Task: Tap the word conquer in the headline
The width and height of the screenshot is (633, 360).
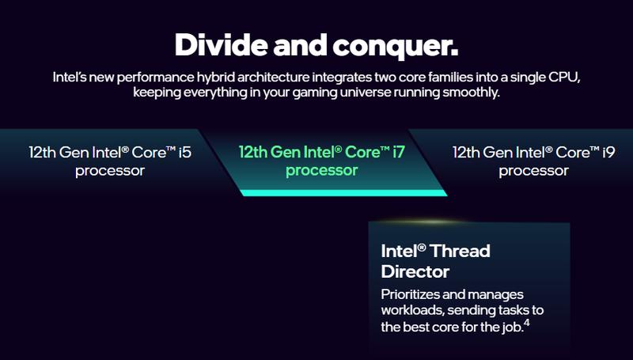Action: pos(400,45)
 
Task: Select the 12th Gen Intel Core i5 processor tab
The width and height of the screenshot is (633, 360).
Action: pos(109,160)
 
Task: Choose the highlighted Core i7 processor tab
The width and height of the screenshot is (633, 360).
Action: pos(321,160)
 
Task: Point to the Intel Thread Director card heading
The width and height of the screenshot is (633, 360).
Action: pos(436,261)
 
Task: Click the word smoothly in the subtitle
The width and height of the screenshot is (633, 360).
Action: pos(472,94)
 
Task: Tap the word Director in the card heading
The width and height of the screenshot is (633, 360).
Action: pos(415,271)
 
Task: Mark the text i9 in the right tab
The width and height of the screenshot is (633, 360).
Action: pos(606,150)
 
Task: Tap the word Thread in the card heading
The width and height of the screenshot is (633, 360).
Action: pos(461,251)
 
